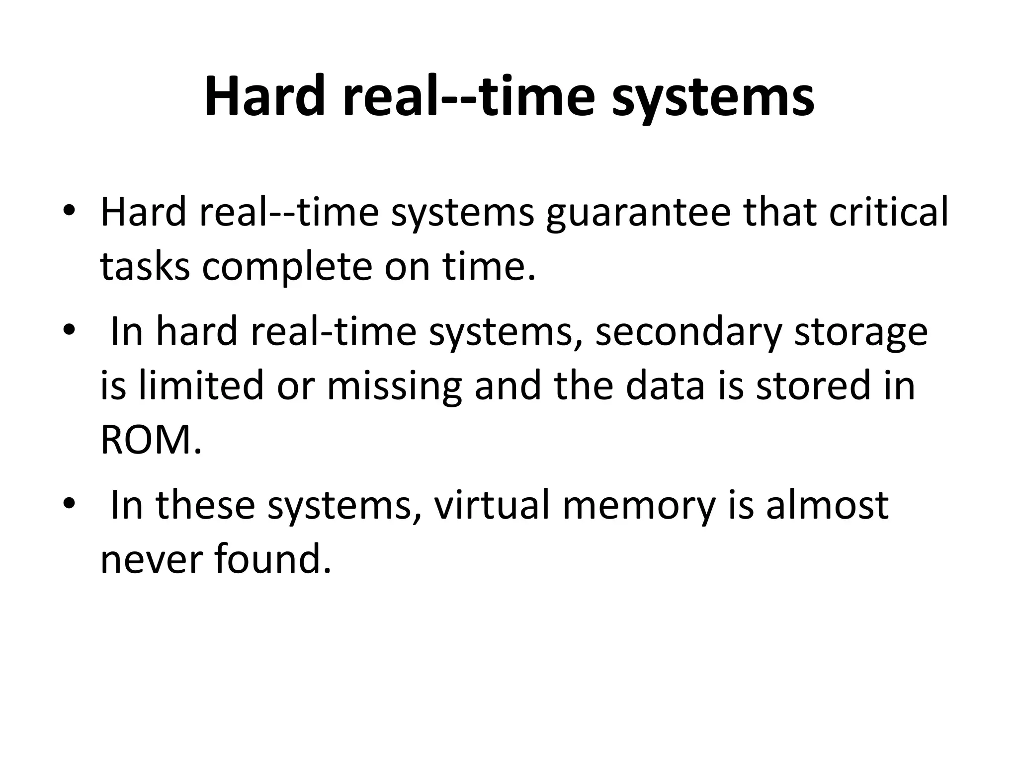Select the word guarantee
pos(638,213)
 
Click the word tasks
pos(145,267)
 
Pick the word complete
pos(287,267)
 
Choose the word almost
pos(827,506)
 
